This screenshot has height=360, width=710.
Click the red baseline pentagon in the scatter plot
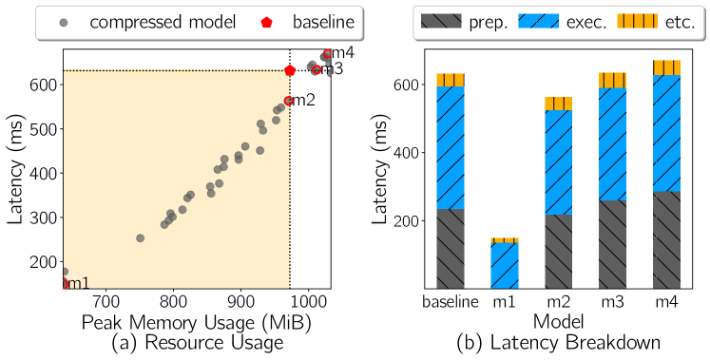coord(290,70)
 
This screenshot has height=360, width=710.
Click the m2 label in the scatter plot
coord(302,100)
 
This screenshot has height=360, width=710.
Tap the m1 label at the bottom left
coord(77,283)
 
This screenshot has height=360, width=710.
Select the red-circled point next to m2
coord(289,101)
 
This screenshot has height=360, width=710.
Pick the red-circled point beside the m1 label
coord(65,283)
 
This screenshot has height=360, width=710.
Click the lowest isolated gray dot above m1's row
coord(65,272)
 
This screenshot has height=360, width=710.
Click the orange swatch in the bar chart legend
coord(632,22)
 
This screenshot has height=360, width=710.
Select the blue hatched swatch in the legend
coord(538,22)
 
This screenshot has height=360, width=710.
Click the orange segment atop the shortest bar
coord(504,240)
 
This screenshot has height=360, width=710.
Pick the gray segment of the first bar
coord(451,248)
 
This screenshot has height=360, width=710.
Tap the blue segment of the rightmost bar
coord(667,133)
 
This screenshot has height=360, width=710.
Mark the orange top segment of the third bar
coord(559,104)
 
